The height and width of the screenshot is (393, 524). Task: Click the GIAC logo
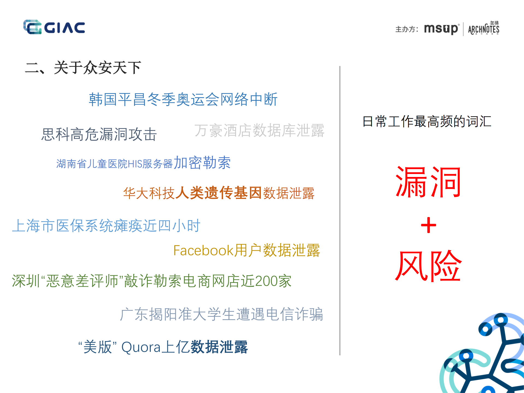click(x=54, y=27)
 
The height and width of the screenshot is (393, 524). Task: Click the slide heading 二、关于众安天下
click(x=83, y=68)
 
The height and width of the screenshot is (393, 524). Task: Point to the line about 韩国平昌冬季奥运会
click(x=183, y=99)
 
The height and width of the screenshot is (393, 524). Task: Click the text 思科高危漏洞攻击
click(x=99, y=134)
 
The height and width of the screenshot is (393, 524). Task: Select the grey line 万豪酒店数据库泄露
click(x=259, y=131)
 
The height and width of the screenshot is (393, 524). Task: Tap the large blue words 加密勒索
click(x=202, y=163)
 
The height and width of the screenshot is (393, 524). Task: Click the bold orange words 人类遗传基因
click(x=218, y=193)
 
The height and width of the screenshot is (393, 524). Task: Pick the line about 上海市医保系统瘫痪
click(x=106, y=226)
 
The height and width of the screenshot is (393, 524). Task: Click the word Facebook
click(x=203, y=250)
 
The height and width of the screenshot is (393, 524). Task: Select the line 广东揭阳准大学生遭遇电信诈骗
click(x=221, y=314)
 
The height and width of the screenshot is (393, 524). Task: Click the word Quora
click(x=141, y=347)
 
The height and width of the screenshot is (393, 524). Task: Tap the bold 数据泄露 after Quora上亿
click(x=219, y=347)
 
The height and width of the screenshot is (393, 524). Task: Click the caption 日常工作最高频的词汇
click(x=427, y=122)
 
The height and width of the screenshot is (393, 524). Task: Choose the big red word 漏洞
click(x=428, y=182)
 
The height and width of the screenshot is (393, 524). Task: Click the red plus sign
click(x=428, y=225)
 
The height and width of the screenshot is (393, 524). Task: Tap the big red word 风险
click(x=428, y=266)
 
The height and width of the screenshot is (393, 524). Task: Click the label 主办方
click(x=406, y=29)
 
